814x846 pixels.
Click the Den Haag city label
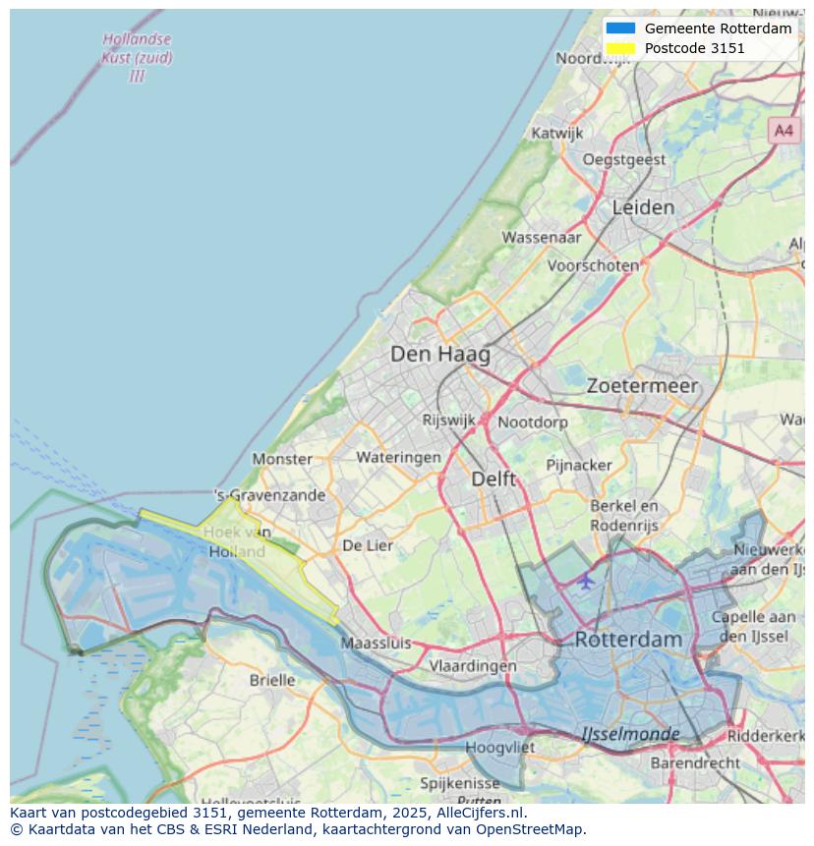(439, 354)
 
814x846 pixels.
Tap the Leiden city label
(643, 207)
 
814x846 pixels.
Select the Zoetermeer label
(642, 386)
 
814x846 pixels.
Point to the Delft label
(494, 479)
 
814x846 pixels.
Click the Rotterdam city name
(627, 639)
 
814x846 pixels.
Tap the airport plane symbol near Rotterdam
(586, 581)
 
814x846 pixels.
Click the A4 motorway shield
(783, 130)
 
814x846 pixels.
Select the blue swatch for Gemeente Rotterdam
(620, 28)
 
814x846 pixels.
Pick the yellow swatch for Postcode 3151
(620, 48)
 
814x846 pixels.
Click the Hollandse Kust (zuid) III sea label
(137, 57)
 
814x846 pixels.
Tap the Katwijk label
(556, 133)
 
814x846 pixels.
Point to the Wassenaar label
(542, 237)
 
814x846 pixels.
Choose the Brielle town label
(272, 680)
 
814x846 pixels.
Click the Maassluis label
(376, 644)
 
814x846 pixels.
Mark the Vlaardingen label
(473, 665)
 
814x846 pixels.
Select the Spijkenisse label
(460, 783)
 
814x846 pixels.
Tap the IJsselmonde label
(630, 734)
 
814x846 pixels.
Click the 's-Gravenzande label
(269, 495)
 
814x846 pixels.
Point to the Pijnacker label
(579, 464)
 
